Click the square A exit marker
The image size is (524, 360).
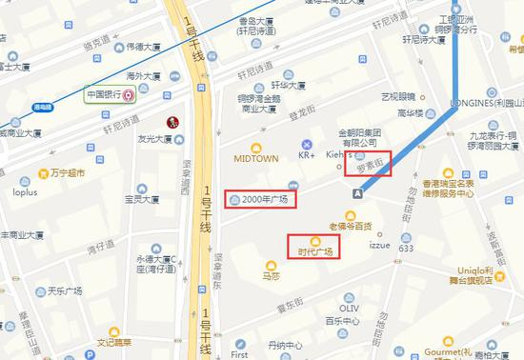(357, 192)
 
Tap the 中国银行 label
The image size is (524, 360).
(106, 95)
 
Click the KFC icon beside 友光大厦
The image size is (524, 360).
(174, 122)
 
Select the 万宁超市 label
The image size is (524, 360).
(67, 173)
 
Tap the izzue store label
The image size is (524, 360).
(369, 245)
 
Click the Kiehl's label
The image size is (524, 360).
(340, 154)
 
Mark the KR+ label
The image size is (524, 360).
(307, 154)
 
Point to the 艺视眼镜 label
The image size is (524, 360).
(399, 96)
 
